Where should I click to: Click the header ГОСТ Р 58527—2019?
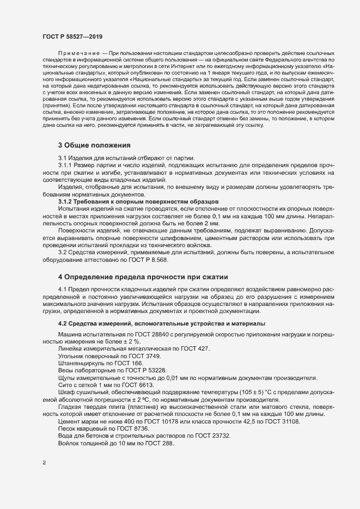click(x=72, y=36)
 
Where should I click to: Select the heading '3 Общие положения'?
click(x=94, y=145)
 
